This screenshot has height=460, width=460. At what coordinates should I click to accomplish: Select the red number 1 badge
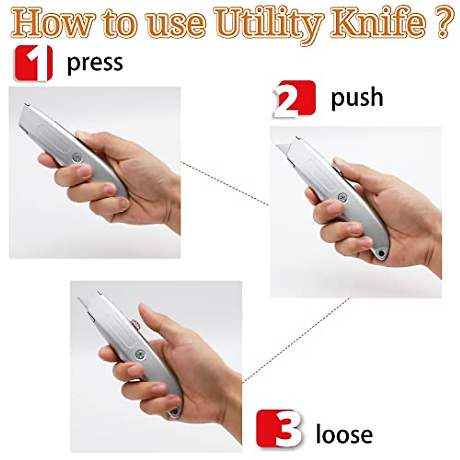point(33,63)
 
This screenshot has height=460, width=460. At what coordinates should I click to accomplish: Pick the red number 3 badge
point(279,428)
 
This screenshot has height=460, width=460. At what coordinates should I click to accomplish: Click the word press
point(95,63)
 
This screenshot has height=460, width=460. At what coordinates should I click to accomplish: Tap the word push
point(357,97)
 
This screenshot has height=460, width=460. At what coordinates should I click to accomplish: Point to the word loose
point(344,434)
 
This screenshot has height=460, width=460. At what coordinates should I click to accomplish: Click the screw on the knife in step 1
point(77,157)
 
